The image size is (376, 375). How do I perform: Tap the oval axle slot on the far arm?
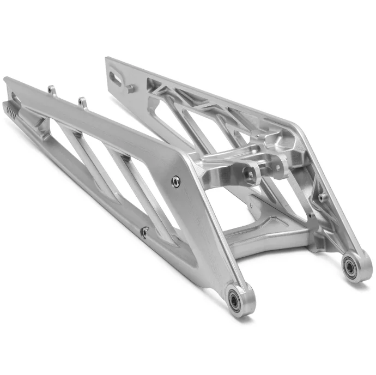116,78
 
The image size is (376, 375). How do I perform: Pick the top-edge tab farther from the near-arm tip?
82,101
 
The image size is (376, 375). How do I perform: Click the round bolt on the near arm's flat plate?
175,182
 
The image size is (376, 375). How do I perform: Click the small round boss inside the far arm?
323,197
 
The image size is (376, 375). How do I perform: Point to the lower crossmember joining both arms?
262,240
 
